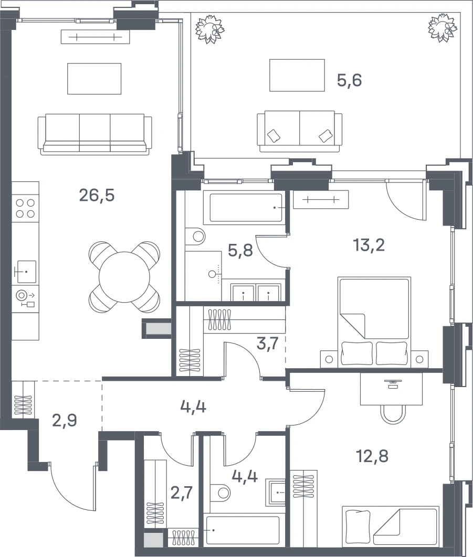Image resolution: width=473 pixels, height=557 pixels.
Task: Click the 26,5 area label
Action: (x=97, y=196)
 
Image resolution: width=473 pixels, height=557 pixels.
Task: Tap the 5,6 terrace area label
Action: (x=349, y=80)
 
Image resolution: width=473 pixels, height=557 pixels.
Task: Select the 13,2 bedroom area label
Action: (x=369, y=245)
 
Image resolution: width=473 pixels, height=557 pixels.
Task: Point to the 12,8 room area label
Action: (x=372, y=456)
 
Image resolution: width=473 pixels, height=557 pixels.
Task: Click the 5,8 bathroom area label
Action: (x=240, y=250)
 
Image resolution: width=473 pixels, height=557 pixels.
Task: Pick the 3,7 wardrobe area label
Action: (x=267, y=344)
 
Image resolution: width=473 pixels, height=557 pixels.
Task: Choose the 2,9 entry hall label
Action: (x=65, y=421)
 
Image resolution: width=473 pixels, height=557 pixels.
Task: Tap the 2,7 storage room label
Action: (x=181, y=493)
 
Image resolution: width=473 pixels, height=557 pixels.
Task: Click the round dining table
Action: (x=124, y=277)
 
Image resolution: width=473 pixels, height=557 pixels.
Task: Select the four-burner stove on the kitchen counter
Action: (x=25, y=208)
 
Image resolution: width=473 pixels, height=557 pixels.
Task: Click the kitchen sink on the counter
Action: (x=26, y=272)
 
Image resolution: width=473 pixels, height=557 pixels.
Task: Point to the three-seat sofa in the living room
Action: (x=93, y=134)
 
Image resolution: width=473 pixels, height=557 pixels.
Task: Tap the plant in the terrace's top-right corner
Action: (x=442, y=28)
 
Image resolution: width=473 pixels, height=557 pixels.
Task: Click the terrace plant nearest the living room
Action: (x=210, y=29)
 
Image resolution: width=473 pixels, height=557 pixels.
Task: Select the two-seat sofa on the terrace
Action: (x=299, y=131)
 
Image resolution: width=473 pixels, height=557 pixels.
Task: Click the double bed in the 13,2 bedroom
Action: (x=374, y=322)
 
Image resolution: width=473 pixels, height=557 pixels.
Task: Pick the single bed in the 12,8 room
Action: (x=390, y=527)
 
